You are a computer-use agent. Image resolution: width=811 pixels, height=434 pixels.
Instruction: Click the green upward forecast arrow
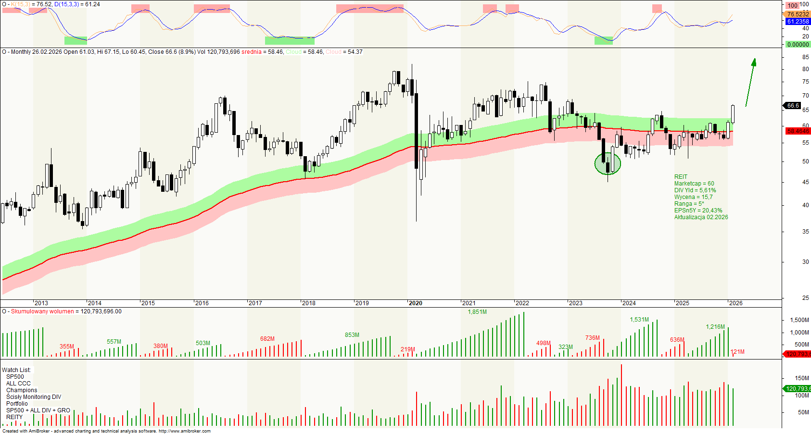(x=750, y=82)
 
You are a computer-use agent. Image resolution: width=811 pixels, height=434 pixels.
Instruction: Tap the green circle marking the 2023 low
(x=608, y=164)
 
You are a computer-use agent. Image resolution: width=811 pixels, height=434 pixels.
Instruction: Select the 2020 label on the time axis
(x=415, y=303)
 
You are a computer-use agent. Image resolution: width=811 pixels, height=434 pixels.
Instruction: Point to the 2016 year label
(x=202, y=303)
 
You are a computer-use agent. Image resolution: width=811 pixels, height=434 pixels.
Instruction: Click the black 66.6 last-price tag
(x=793, y=106)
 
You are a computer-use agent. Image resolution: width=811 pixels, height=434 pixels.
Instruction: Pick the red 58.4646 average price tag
(x=798, y=131)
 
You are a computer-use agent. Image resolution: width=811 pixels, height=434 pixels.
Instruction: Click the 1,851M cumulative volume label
(x=477, y=312)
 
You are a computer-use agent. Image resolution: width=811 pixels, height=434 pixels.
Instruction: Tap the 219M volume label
(x=407, y=349)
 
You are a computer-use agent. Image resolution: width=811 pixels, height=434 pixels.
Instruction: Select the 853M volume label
(x=352, y=335)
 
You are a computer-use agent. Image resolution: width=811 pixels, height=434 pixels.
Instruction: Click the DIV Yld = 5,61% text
(x=695, y=190)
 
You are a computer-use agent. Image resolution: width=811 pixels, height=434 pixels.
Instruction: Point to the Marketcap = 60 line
(x=694, y=184)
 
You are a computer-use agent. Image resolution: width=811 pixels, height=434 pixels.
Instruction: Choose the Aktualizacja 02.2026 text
(x=701, y=217)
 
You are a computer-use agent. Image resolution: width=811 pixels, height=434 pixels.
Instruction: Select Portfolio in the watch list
(x=17, y=404)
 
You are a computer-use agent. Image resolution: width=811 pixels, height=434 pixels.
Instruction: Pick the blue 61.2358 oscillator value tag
(x=798, y=22)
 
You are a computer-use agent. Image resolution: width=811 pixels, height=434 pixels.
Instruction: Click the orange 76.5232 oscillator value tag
(x=798, y=14)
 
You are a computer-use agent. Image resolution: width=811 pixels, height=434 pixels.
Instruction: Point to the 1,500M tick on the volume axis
(x=799, y=320)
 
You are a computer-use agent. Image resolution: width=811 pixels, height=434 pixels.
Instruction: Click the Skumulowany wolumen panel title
(x=42, y=311)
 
